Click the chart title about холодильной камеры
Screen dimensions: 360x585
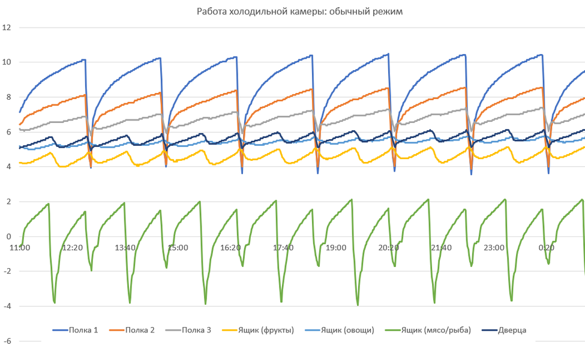(x=293, y=12)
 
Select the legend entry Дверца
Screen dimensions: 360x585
(x=510, y=329)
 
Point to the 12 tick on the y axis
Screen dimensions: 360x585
(x=7, y=27)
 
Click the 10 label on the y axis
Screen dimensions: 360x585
(x=7, y=62)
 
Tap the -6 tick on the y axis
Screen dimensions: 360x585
(x=7, y=341)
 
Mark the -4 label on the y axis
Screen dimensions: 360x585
(x=7, y=307)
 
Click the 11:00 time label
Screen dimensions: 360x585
(x=20, y=247)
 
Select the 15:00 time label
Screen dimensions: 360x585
(x=178, y=247)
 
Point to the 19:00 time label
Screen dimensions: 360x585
(x=336, y=247)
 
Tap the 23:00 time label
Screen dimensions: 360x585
(x=494, y=247)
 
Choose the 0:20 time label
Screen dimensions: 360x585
(x=546, y=247)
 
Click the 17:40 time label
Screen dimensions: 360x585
(x=283, y=247)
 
